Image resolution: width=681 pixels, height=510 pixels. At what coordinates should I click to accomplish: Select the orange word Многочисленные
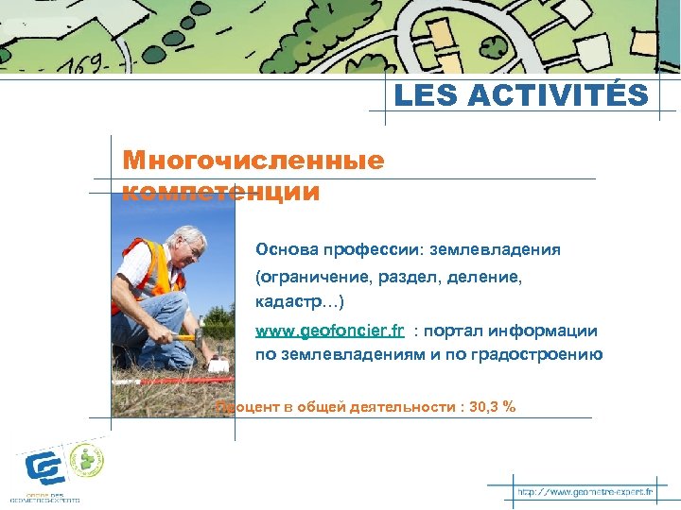point(253,160)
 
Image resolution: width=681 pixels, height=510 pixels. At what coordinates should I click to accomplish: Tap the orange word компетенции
point(221,193)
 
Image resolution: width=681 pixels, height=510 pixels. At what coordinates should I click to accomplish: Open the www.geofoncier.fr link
point(330,331)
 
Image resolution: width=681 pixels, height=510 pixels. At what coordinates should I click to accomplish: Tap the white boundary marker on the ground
point(218,364)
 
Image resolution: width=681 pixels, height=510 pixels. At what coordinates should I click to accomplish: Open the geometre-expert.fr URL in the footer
point(585,492)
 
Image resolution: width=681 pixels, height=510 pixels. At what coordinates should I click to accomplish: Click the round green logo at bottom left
point(87,461)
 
